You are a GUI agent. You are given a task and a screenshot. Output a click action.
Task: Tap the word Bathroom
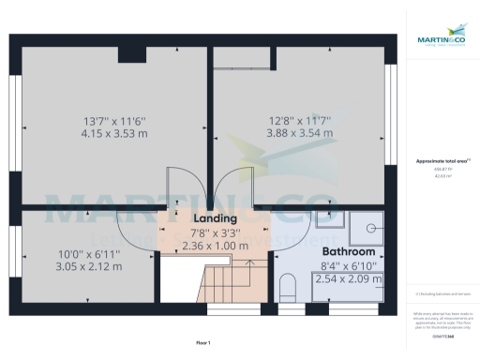pos(349,252)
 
